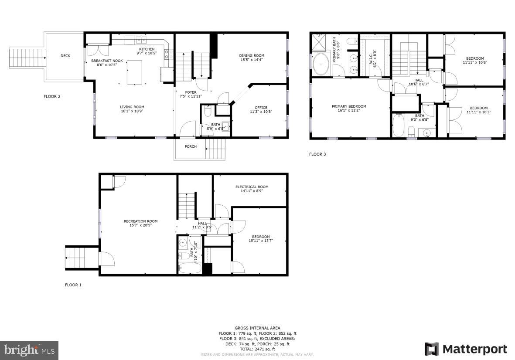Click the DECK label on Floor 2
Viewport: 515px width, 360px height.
(x=65, y=56)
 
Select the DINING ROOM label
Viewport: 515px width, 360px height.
(x=252, y=55)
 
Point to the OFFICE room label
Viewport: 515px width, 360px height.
(x=261, y=108)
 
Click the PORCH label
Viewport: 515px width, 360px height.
(x=191, y=146)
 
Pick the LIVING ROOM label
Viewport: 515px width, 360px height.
(x=132, y=107)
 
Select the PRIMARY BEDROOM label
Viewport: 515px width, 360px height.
(x=349, y=106)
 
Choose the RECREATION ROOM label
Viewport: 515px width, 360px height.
(x=140, y=221)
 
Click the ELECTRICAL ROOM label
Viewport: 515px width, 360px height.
(x=252, y=187)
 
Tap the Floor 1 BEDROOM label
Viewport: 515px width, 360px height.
(x=261, y=237)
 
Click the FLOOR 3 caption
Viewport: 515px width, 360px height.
(x=317, y=154)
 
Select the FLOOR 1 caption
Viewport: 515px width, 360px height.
(x=73, y=285)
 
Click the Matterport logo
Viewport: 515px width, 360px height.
(x=466, y=349)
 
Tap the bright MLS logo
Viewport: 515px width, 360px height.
(x=29, y=350)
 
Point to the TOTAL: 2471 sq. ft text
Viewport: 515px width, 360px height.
(x=257, y=349)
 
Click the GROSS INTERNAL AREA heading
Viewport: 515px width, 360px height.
(x=257, y=328)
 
